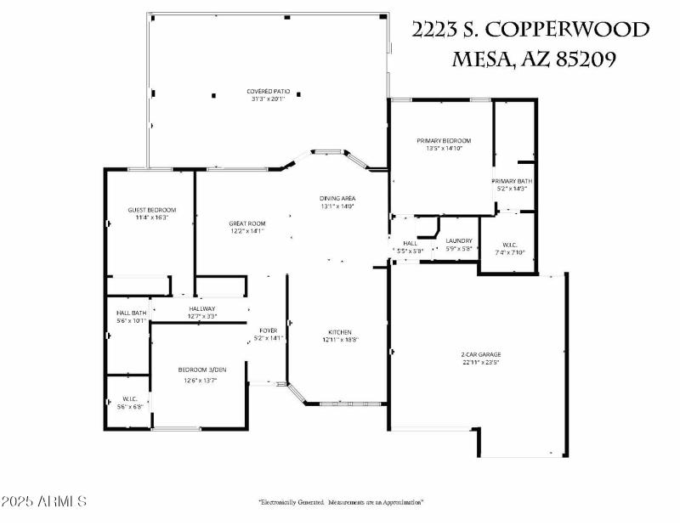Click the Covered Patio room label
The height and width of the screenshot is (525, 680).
[x=266, y=91]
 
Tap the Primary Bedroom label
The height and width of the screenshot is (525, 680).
[x=443, y=140]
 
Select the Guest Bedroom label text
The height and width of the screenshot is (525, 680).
[x=152, y=210]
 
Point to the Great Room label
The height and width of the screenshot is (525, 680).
[x=246, y=223]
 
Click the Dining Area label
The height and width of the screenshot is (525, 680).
[x=337, y=198]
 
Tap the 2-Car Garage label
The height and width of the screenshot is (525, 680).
[x=480, y=354]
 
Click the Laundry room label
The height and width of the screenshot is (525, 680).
[x=459, y=241]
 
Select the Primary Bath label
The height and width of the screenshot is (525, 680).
[x=513, y=181]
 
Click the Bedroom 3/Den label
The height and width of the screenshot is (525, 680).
[x=202, y=370]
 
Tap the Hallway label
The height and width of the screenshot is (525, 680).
[x=202, y=308]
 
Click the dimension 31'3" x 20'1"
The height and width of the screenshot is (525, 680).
[x=267, y=99]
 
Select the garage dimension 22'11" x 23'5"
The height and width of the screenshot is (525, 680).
[x=480, y=362]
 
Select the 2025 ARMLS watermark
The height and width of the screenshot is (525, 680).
[x=44, y=501]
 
